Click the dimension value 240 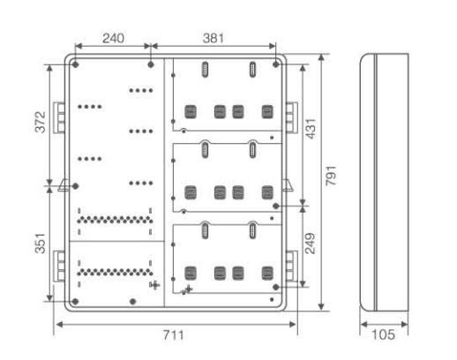113,38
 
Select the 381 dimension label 214,38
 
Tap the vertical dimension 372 41,122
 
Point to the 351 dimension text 41,244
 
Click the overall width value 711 174,335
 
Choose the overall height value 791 331,176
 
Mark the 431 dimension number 311,129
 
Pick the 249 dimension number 310,244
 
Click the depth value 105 383,334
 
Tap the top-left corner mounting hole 76,64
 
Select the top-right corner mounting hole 276,64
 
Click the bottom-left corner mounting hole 75,302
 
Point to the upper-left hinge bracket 59,117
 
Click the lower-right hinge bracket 292,266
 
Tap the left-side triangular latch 64,185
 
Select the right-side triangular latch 288,185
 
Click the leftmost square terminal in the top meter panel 191,112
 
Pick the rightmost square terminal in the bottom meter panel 267,274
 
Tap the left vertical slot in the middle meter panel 205,150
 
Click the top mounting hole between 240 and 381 151,64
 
